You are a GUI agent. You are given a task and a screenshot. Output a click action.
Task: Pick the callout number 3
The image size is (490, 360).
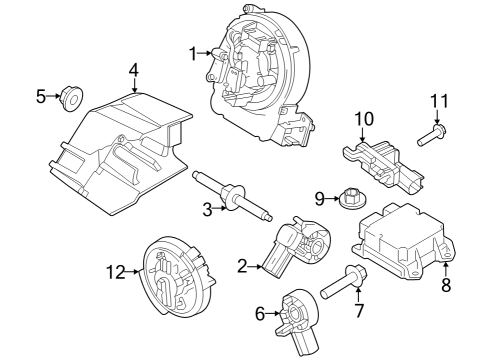click(207, 209)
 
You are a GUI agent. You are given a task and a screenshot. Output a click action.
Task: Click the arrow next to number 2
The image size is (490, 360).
click(257, 266)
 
